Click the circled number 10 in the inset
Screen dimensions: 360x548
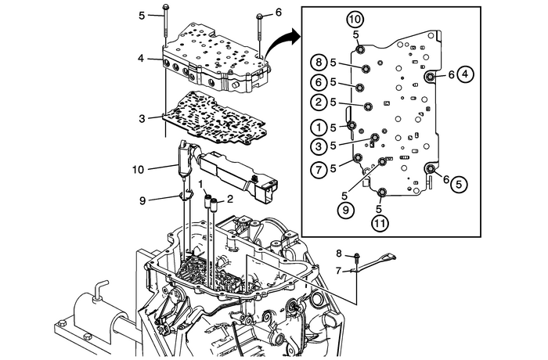click(355, 18)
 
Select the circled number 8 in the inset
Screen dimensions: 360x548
click(318, 62)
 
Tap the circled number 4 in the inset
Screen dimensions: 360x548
click(465, 74)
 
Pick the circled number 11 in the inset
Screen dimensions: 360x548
click(379, 221)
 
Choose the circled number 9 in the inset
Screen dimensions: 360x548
click(344, 209)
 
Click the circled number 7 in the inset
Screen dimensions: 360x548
click(318, 167)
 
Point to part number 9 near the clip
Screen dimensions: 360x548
click(142, 200)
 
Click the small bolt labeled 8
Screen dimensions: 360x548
click(356, 255)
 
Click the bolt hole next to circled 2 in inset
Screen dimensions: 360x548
click(366, 105)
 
